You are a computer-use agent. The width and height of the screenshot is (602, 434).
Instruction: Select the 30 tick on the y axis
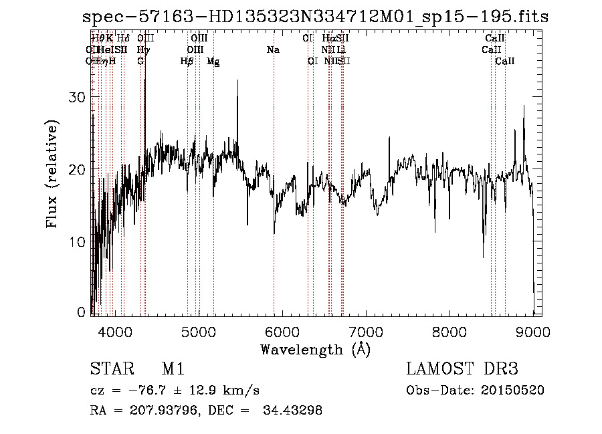click(78, 98)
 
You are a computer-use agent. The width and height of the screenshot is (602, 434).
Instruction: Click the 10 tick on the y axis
click(78, 242)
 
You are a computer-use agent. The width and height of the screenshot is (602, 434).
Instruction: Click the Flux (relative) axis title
click(53, 173)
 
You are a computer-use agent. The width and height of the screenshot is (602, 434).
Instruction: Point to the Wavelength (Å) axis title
click(315, 349)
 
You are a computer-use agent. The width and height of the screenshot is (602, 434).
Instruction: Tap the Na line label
click(273, 50)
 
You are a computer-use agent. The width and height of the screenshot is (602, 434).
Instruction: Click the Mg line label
click(213, 62)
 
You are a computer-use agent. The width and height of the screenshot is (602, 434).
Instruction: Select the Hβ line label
click(187, 62)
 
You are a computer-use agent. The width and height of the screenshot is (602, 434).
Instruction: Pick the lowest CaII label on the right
click(505, 62)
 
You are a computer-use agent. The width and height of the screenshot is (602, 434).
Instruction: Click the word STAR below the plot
click(108, 370)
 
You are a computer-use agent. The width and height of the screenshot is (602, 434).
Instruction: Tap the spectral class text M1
click(173, 370)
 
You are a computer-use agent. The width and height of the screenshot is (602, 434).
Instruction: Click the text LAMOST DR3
click(462, 370)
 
